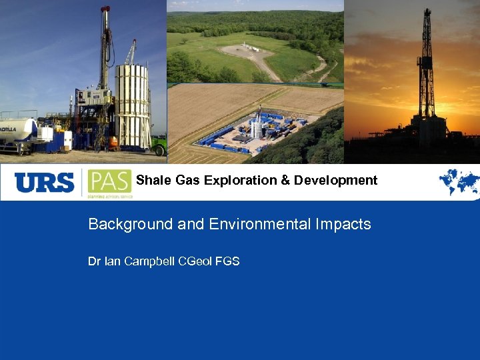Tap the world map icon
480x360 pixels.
(x=459, y=181)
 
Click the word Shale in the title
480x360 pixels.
(x=149, y=180)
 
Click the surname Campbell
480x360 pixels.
(x=150, y=261)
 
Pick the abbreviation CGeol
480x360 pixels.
(x=195, y=261)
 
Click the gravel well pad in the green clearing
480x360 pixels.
(x=253, y=52)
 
